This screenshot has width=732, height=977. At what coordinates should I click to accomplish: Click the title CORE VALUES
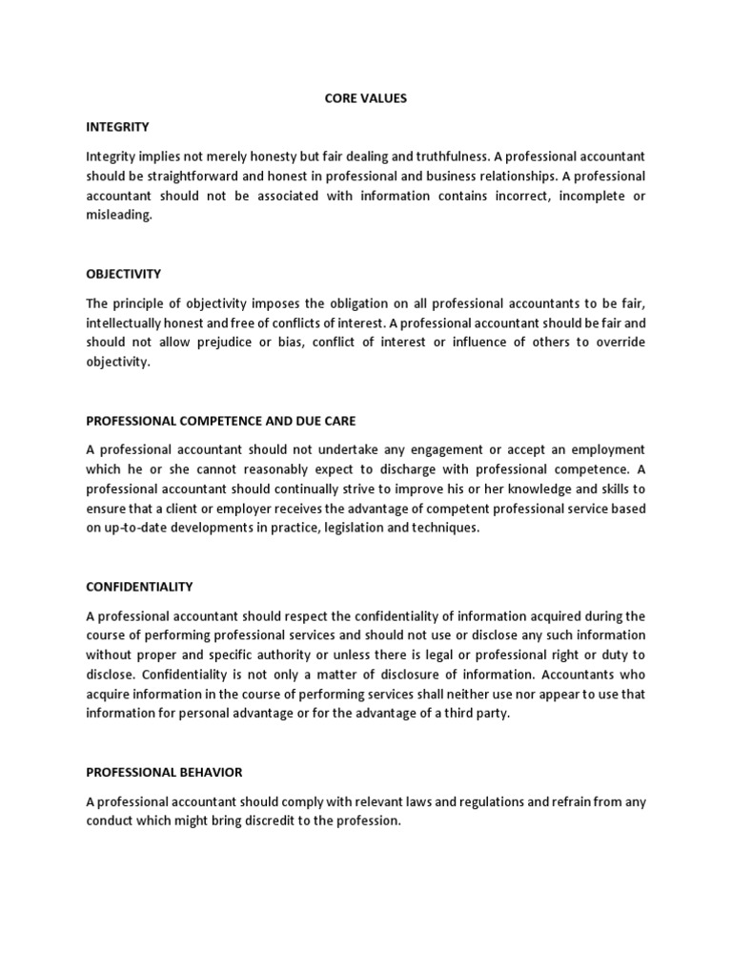point(366,98)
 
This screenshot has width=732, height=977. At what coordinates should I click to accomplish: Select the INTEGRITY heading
point(117,126)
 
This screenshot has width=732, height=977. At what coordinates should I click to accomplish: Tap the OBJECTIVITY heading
point(124,274)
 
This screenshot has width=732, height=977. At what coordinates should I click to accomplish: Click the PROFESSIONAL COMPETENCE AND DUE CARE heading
point(221,421)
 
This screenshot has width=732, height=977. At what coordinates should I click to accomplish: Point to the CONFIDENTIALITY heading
point(139,587)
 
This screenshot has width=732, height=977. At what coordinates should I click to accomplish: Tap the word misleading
point(118,215)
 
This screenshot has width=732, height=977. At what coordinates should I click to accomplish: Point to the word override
point(619,343)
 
